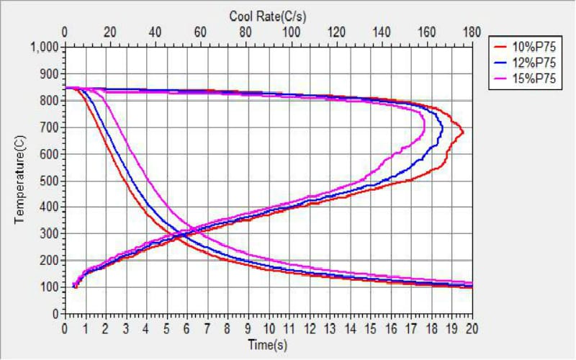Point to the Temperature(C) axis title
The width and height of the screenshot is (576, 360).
pyautogui.click(x=20, y=181)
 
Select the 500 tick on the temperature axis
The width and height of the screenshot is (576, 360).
pyautogui.click(x=50, y=181)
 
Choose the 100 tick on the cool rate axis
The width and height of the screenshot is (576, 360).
pyautogui.click(x=291, y=32)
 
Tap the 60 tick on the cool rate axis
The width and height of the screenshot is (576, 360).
pyautogui.click(x=201, y=32)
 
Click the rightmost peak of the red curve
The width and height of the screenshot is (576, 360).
pyautogui.click(x=463, y=132)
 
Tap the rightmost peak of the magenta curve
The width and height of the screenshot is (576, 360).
pyautogui.click(x=424, y=130)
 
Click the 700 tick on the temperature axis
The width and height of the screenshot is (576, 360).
pyautogui.click(x=50, y=127)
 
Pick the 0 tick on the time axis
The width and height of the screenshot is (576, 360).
pyautogui.click(x=65, y=329)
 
